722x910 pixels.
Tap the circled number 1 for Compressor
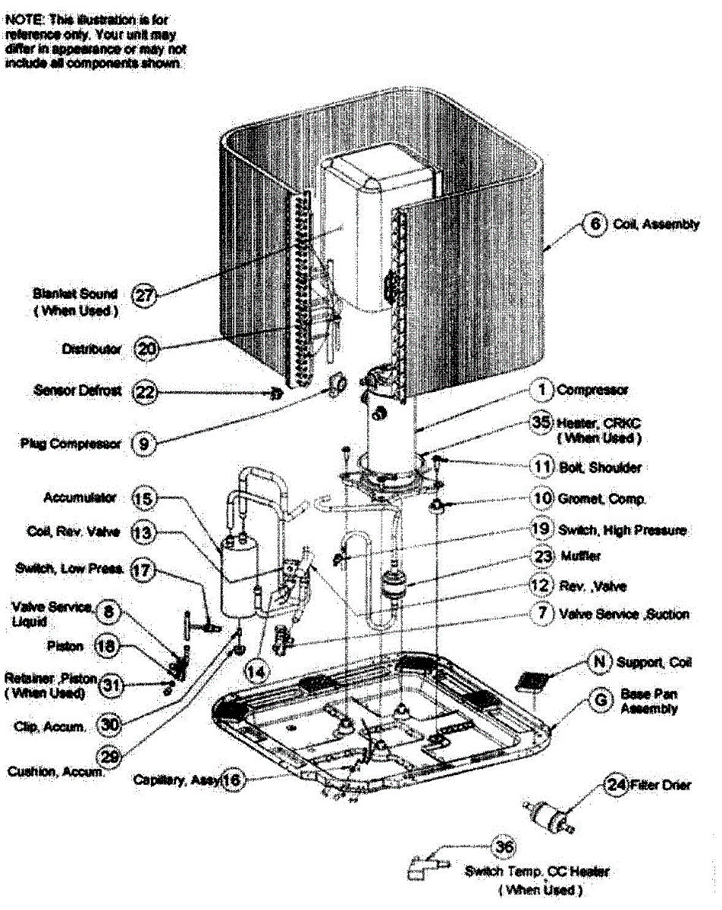[x=542, y=391]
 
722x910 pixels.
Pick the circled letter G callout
[x=601, y=700]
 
